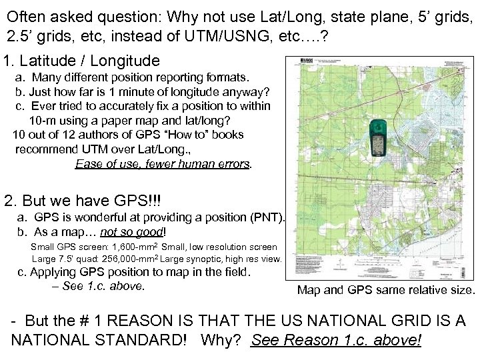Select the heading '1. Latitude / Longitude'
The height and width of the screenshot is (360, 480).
(x=81, y=61)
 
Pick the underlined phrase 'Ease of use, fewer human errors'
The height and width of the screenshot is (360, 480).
(x=163, y=163)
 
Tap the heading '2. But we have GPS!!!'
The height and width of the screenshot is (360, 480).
(x=83, y=201)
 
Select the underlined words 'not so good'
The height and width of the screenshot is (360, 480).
(x=132, y=232)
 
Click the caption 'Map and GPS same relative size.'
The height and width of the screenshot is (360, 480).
(x=386, y=290)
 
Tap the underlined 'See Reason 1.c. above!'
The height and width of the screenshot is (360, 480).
(x=336, y=340)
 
